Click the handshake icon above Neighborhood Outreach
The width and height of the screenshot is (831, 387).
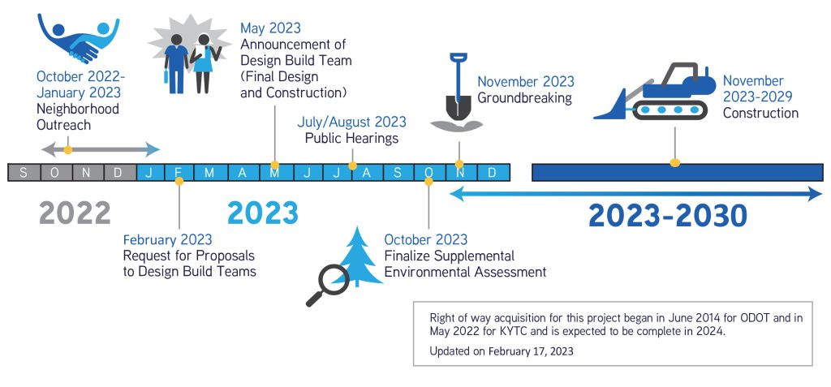(78, 38)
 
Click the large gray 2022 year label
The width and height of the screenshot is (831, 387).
(75, 213)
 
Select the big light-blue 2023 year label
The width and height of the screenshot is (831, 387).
(263, 213)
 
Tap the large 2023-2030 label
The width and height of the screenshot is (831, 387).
(668, 216)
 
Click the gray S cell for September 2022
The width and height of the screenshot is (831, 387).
(24, 172)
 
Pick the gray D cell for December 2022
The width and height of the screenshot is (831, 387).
(118, 172)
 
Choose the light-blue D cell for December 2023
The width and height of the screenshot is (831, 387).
(493, 172)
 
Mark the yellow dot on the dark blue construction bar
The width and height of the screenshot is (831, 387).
(674, 163)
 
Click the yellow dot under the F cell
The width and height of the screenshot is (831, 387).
(179, 181)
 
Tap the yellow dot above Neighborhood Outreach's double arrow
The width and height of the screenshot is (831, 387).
(68, 150)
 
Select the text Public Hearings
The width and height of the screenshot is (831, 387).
(351, 139)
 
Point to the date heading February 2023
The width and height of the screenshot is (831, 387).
(167, 239)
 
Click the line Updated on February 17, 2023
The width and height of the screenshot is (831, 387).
(502, 351)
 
